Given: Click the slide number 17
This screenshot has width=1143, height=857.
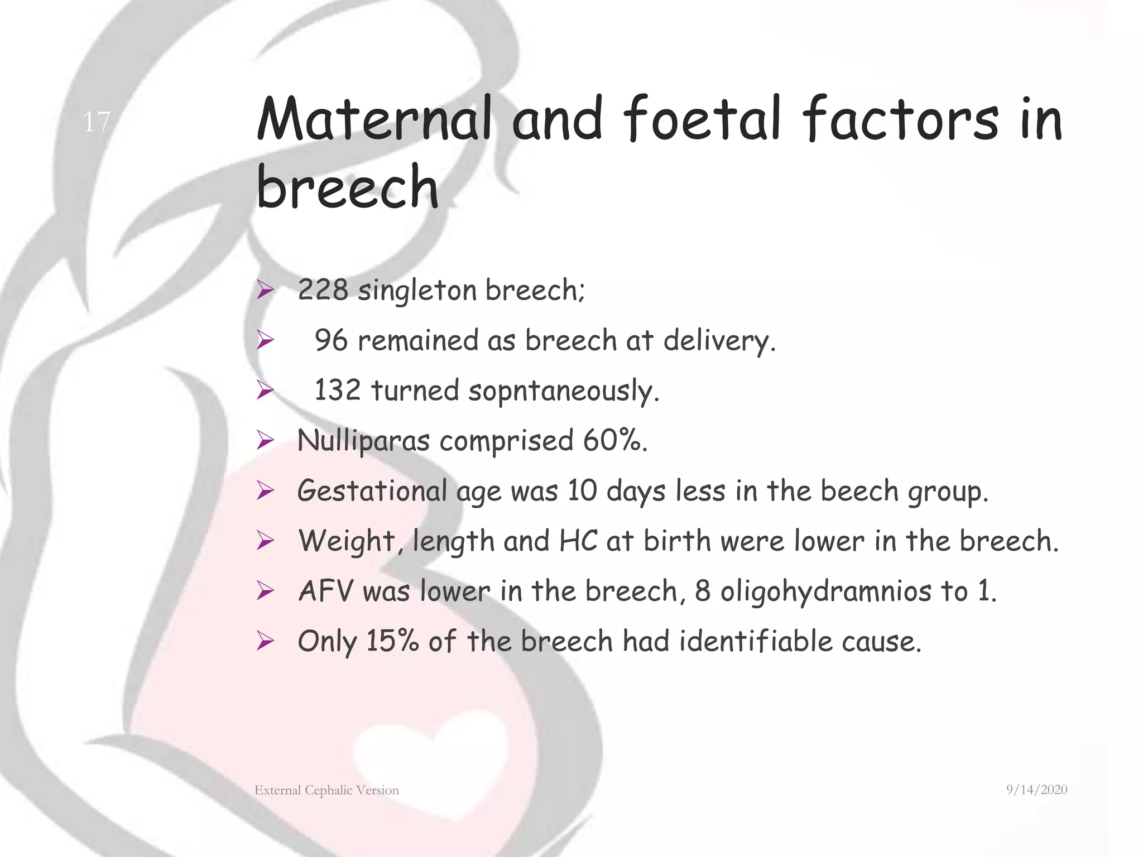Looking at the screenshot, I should tap(97, 122).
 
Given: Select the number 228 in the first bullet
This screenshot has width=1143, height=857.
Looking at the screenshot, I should tap(323, 290).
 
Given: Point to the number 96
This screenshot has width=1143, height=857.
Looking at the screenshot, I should tap(331, 340).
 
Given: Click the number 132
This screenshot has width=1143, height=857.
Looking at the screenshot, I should tap(338, 390).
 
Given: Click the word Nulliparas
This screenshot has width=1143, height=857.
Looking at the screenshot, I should tap(363, 441).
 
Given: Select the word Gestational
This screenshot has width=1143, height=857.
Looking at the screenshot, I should tap(372, 491).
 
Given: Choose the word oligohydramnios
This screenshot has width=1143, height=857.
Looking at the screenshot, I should tap(826, 592).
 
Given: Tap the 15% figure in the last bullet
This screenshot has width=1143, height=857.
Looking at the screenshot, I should tap(392, 641).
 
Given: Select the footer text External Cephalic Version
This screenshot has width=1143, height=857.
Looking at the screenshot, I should tap(326, 790).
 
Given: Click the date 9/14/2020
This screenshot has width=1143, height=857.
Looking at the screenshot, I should tap(1036, 789).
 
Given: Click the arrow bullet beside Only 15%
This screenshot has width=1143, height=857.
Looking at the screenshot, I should tap(265, 641).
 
